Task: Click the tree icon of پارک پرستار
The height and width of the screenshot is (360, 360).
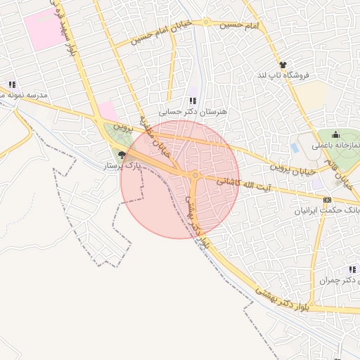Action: pyautogui.click(x=122, y=155)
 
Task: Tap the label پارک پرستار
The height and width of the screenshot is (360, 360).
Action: pyautogui.click(x=123, y=167)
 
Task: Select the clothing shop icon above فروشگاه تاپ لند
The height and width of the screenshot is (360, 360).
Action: pyautogui.click(x=283, y=65)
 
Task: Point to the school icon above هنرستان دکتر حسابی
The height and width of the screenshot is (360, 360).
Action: pyautogui.click(x=193, y=101)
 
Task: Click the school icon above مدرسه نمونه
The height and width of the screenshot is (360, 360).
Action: pyautogui.click(x=12, y=84)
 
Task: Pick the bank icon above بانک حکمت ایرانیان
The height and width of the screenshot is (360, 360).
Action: pyautogui.click(x=327, y=200)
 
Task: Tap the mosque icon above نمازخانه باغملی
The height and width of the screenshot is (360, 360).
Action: pyautogui.click(x=335, y=134)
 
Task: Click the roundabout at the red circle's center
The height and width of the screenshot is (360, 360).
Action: pyautogui.click(x=195, y=175)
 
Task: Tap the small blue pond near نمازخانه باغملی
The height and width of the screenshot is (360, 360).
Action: pyautogui.click(x=295, y=148)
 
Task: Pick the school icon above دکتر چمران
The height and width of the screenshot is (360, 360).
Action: pyautogui.click(x=352, y=270)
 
